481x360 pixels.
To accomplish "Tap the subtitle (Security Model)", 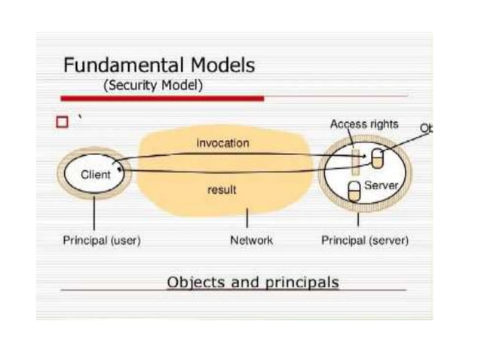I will tap(153, 85).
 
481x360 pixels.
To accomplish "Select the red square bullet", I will tap(62, 121).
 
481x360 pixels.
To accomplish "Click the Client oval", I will tap(95, 175).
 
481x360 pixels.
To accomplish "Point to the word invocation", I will tap(222, 143).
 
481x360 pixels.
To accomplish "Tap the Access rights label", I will tap(364, 124).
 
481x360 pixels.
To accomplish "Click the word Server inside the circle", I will tap(380, 185).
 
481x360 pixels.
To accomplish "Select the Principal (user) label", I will tap(101, 241).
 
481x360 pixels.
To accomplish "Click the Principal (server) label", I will tap(365, 241).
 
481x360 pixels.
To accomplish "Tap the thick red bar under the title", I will tap(161, 99).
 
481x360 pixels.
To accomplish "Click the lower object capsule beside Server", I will tap(354, 191).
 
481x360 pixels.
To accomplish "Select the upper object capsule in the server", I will tap(377, 159).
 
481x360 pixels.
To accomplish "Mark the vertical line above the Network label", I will tap(248, 219).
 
